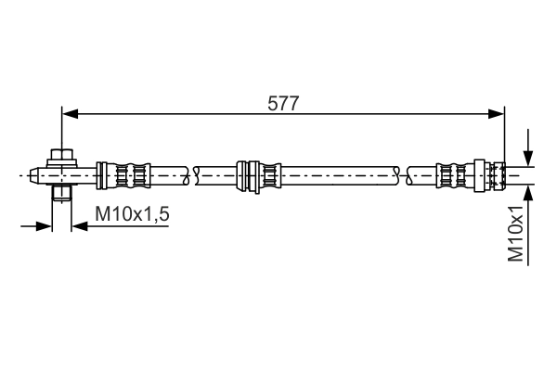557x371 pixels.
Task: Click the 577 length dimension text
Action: click(x=283, y=103)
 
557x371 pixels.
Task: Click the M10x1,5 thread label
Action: click(x=131, y=215)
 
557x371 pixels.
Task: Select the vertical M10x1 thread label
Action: click(x=517, y=237)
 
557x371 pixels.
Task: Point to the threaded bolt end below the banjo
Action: click(x=61, y=193)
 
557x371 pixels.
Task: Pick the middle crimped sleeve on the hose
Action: click(x=258, y=173)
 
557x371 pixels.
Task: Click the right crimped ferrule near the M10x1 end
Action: click(x=455, y=173)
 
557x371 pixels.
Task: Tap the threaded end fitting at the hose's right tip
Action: click(x=499, y=173)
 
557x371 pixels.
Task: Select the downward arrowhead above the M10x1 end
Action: click(x=527, y=159)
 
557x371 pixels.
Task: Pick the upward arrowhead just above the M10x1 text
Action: click(x=527, y=190)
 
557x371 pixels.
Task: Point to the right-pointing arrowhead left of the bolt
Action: click(x=45, y=224)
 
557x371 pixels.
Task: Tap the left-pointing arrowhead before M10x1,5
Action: click(x=78, y=224)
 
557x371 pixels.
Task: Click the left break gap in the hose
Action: click(x=192, y=173)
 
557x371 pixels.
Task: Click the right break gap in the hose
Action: click(x=402, y=173)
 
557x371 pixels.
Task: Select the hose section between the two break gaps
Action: click(x=334, y=173)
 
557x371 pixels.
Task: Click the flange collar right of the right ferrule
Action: click(x=480, y=173)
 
